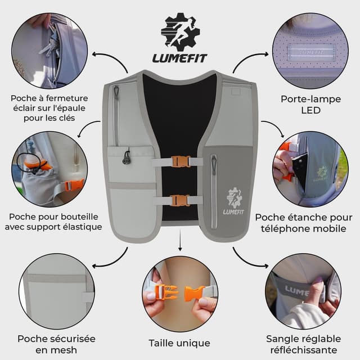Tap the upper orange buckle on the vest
[180, 162]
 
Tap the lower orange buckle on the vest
[180, 200]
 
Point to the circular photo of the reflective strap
[304, 292]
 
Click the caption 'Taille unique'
[179, 343]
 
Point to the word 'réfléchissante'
[304, 350]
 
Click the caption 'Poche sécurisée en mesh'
[56, 344]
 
